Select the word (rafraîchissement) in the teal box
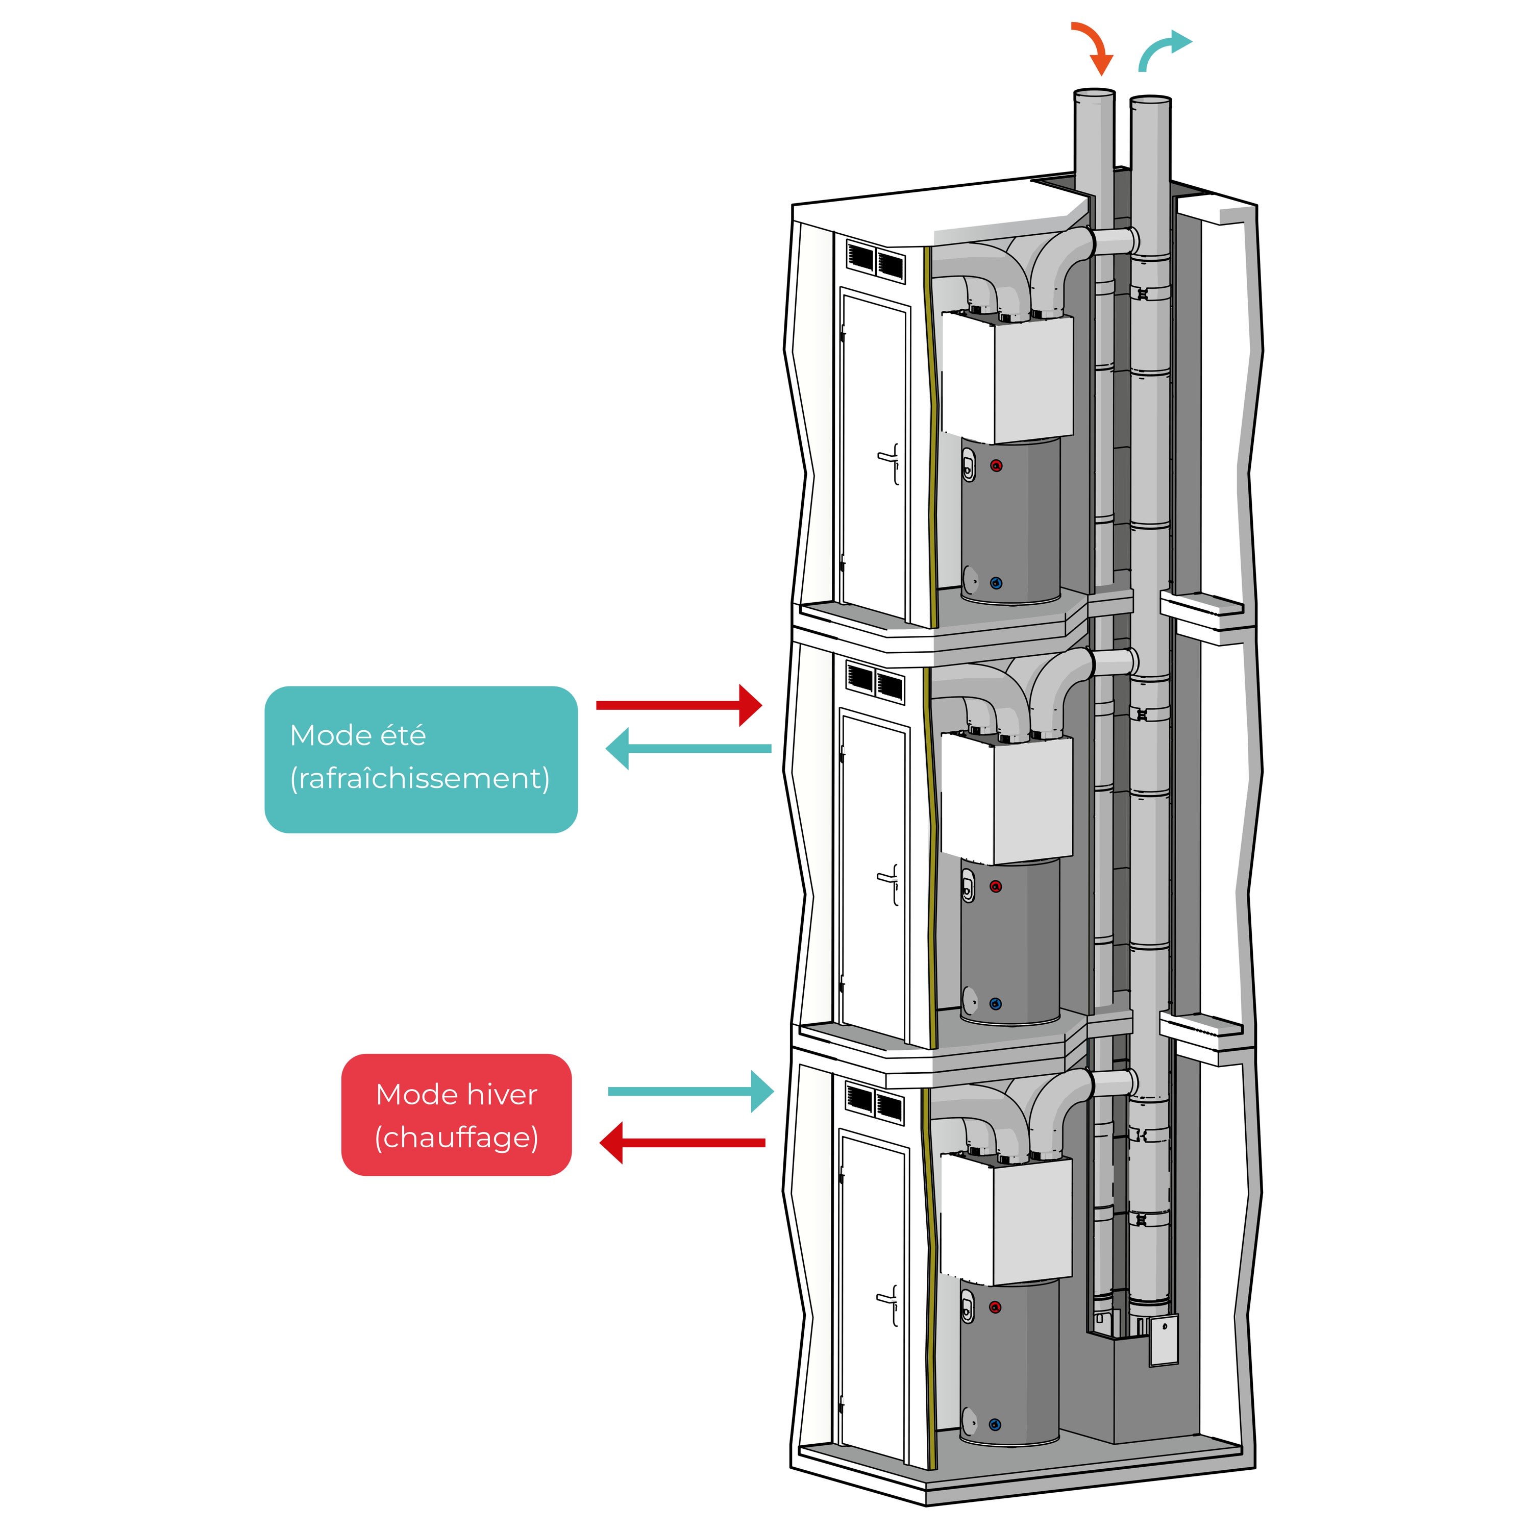tap(420, 778)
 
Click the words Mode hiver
tap(456, 1094)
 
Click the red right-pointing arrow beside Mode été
tap(678, 704)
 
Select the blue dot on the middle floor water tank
tap(996, 1003)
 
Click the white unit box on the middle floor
tap(1006, 797)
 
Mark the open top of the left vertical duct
tap(1094, 93)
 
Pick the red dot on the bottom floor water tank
tap(996, 1307)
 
